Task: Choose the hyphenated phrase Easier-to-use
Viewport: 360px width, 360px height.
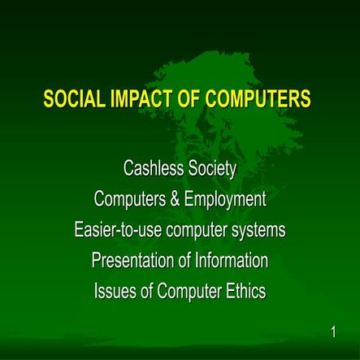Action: [117, 231]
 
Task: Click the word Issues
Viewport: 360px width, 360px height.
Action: [116, 291]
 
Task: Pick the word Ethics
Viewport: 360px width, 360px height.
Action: [245, 291]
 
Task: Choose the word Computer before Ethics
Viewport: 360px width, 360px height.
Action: [189, 291]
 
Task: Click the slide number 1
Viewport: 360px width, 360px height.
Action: [333, 332]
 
